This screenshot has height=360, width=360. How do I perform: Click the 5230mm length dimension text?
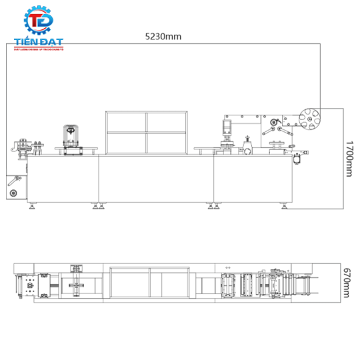tap(163, 37)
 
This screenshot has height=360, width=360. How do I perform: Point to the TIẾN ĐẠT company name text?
tap(39, 44)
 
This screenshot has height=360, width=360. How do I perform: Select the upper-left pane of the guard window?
tap(125, 121)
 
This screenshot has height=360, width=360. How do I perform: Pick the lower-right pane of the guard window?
tap(167, 142)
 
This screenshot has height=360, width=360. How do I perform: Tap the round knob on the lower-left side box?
tap(11, 193)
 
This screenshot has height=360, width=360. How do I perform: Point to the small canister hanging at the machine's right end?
tap(297, 159)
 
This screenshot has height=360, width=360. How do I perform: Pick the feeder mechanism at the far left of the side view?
tap(23, 147)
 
